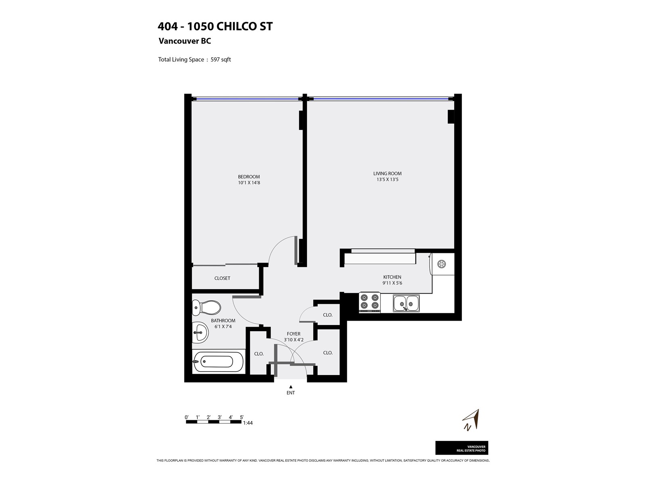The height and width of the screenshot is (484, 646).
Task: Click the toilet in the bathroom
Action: pyautogui.click(x=206, y=308)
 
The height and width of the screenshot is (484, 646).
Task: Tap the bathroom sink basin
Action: pyautogui.click(x=200, y=332)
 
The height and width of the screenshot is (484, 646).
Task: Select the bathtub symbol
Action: pyautogui.click(x=218, y=361)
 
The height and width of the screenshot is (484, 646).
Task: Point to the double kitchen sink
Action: pyautogui.click(x=406, y=303)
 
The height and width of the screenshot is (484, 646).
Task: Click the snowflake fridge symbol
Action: pyautogui.click(x=441, y=264)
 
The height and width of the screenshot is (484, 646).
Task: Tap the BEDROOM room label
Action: pyautogui.click(x=249, y=177)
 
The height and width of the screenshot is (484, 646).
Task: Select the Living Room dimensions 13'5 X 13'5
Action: pyautogui.click(x=387, y=179)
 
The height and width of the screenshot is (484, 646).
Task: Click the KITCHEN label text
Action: pyautogui.click(x=392, y=277)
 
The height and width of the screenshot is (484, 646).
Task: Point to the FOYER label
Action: pyautogui.click(x=294, y=334)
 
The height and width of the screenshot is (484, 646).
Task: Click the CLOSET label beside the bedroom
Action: pyautogui.click(x=222, y=278)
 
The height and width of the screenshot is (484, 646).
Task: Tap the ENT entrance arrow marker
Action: pyautogui.click(x=291, y=387)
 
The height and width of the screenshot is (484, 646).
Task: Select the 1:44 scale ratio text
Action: pyautogui.click(x=248, y=423)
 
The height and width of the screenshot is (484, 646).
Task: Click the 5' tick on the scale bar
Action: pyautogui.click(x=241, y=417)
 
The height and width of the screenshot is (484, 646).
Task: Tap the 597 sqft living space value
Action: pyautogui.click(x=220, y=59)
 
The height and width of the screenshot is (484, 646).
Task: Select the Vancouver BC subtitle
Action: pyautogui.click(x=185, y=41)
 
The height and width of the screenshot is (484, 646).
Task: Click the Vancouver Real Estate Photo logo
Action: pyautogui.click(x=461, y=448)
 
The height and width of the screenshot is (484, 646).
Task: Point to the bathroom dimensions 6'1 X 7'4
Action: pyautogui.click(x=223, y=326)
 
